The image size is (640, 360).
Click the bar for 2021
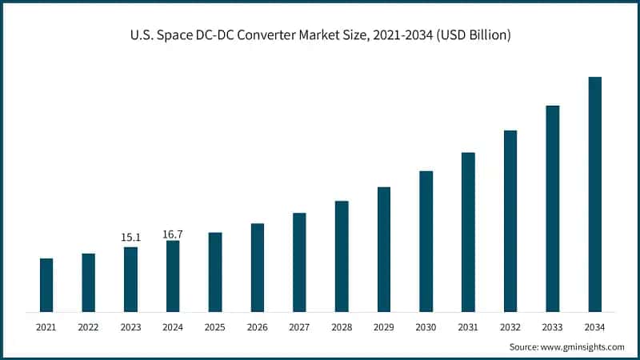tap(46, 285)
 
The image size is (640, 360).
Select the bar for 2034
tap(594, 194)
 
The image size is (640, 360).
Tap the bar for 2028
tap(342, 256)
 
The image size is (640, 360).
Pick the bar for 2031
tap(468, 231)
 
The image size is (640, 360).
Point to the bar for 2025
tap(215, 272)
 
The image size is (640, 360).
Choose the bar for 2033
tap(552, 208)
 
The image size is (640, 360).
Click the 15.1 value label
tap(130, 238)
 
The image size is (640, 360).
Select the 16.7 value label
tap(173, 234)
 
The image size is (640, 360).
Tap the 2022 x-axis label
tap(88, 327)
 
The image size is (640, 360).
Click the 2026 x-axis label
tap(257, 327)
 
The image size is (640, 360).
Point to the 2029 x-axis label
tap(383, 327)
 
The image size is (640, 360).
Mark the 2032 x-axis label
tap(510, 327)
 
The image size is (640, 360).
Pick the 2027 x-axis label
tap(299, 327)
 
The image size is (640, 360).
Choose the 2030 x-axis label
tap(426, 327)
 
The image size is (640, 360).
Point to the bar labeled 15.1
tap(130, 279)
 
